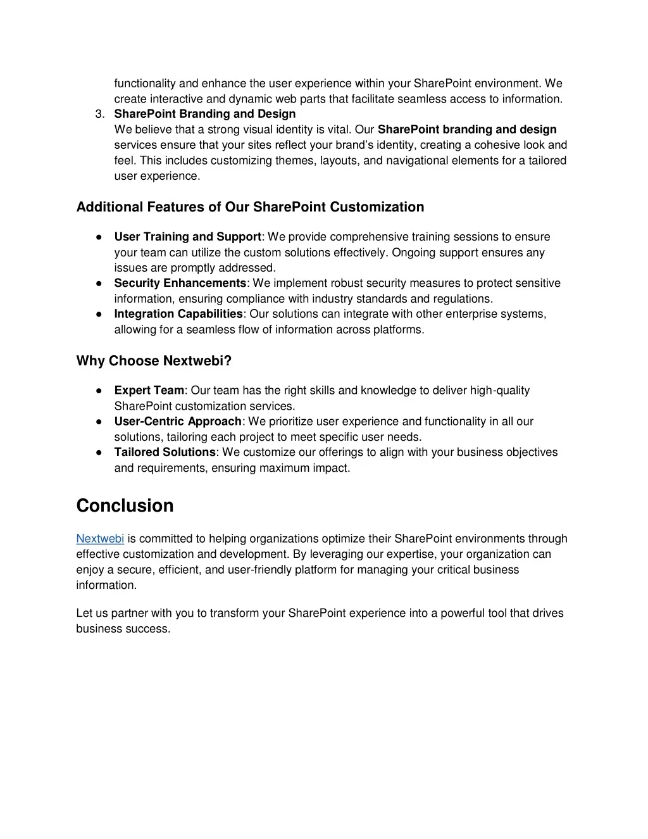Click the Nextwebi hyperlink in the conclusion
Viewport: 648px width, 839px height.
[x=100, y=539]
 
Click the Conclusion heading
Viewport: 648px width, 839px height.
[x=125, y=505]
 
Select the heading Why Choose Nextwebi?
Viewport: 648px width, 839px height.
[x=154, y=361]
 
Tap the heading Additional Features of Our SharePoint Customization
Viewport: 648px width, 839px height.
[x=250, y=207]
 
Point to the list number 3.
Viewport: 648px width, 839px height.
[x=99, y=114]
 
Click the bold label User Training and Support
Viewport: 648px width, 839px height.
[x=188, y=237]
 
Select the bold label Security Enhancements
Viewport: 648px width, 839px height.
[x=180, y=283]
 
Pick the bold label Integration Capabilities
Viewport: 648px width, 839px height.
[x=178, y=314]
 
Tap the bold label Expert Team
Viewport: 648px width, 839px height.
[x=149, y=391]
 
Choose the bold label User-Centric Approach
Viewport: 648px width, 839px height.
[x=178, y=422]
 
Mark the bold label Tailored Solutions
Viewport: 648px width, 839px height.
[x=165, y=452]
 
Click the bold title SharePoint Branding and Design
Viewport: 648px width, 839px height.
[x=205, y=114]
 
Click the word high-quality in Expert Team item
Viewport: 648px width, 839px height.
[x=500, y=391]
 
